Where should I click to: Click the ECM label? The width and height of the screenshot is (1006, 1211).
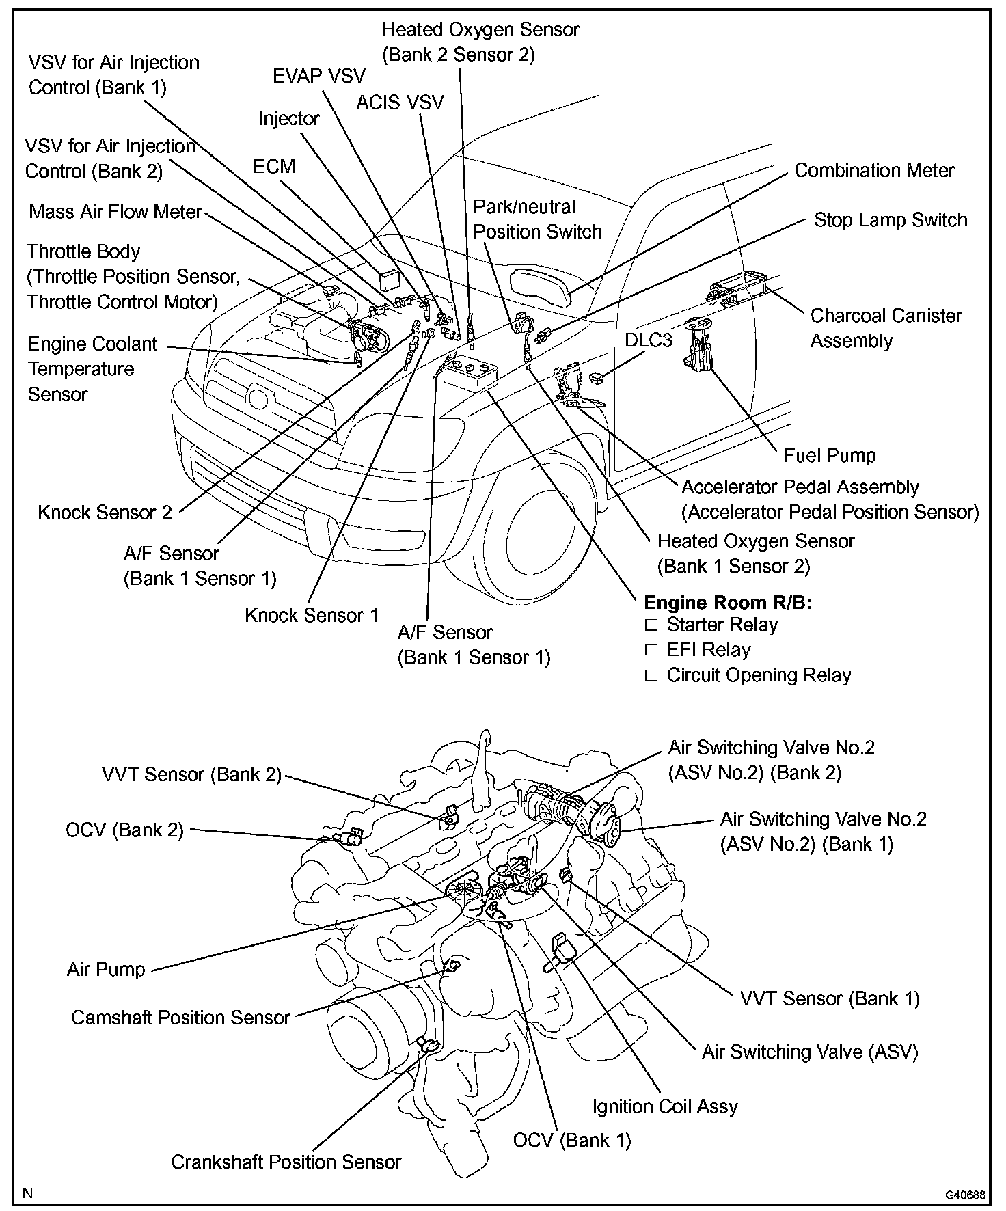click(274, 167)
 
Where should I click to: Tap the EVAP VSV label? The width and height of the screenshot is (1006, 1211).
click(318, 76)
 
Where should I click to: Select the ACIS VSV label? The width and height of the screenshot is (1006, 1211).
click(400, 103)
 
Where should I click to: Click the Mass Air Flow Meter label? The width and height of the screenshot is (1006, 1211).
click(115, 212)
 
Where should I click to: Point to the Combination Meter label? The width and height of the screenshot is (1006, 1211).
click(874, 171)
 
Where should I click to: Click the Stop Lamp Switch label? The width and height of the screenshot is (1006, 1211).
click(891, 220)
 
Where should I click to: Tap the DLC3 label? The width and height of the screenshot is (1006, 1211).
click(649, 340)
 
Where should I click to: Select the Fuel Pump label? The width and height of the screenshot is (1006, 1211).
click(829, 456)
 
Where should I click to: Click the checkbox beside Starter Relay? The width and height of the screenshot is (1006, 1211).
click(651, 625)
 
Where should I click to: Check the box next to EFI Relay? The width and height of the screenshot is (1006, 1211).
click(651, 650)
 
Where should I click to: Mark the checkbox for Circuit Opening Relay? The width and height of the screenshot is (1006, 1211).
click(651, 675)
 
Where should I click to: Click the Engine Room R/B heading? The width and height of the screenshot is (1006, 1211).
click(728, 602)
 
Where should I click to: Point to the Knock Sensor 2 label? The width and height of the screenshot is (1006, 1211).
click(105, 512)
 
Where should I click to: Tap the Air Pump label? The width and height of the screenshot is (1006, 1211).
click(106, 969)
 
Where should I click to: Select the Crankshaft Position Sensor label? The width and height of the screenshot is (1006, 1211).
click(286, 1162)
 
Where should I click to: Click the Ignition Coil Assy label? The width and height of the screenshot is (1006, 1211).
click(665, 1106)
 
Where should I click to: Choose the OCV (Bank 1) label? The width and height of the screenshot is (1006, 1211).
click(572, 1140)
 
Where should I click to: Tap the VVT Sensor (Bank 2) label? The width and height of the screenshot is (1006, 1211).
click(191, 774)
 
